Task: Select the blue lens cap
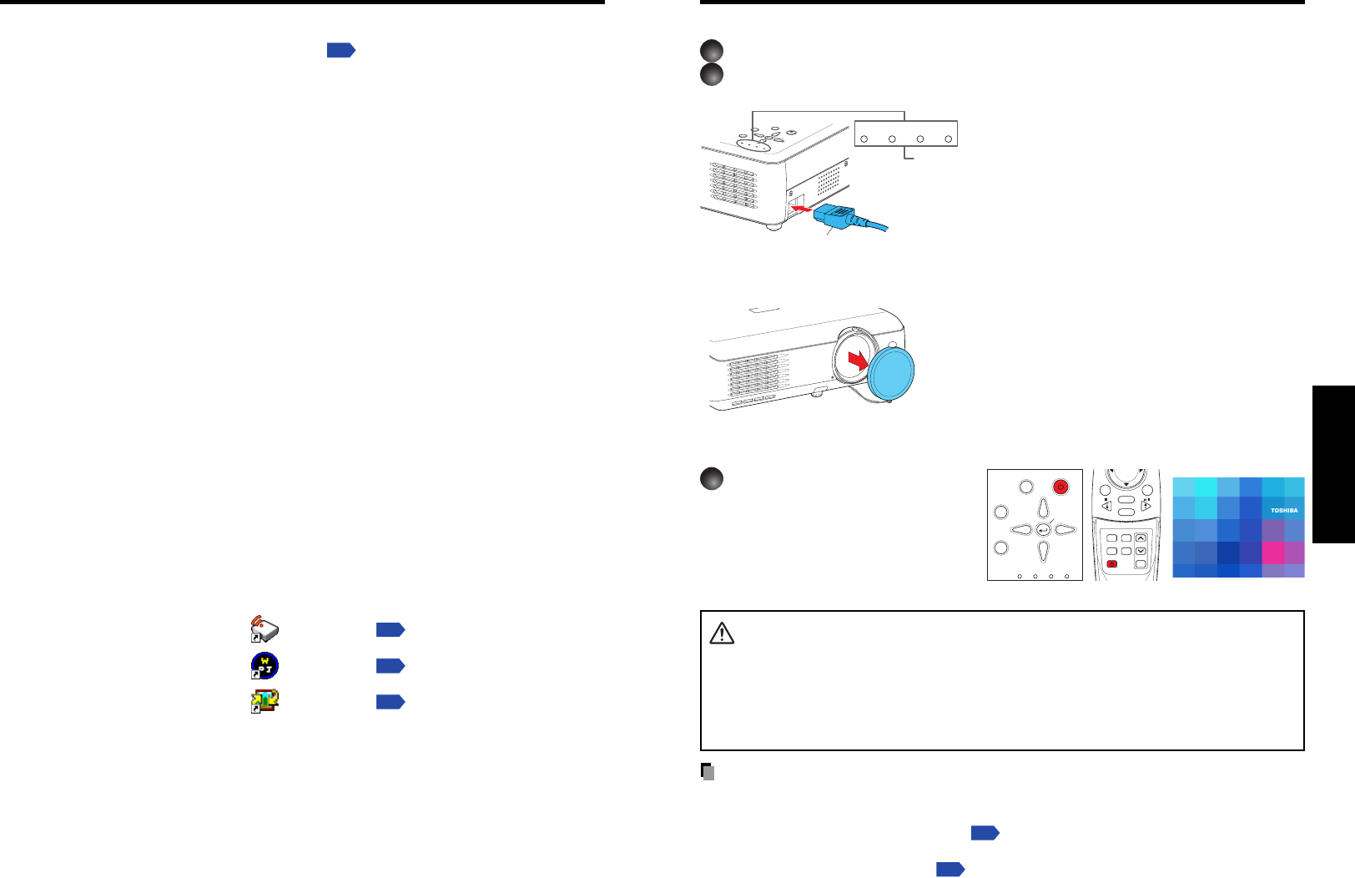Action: pos(891,373)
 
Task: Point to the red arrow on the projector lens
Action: pos(857,361)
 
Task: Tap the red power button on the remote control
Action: pos(1111,564)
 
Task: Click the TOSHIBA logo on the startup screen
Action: pos(1284,510)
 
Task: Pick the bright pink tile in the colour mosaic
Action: pos(1272,553)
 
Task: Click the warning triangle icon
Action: pos(722,634)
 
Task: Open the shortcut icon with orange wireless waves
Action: pos(264,629)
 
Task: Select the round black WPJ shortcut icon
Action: pos(264,666)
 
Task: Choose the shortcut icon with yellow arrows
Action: pos(265,702)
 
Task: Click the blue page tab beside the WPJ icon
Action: pos(390,666)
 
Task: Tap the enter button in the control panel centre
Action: pos(1043,530)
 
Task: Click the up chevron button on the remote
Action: pos(1141,538)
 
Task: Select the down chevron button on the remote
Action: pos(1141,551)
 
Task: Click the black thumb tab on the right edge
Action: pos(1333,464)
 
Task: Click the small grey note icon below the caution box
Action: pos(707,772)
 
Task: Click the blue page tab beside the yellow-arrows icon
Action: pos(390,702)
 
